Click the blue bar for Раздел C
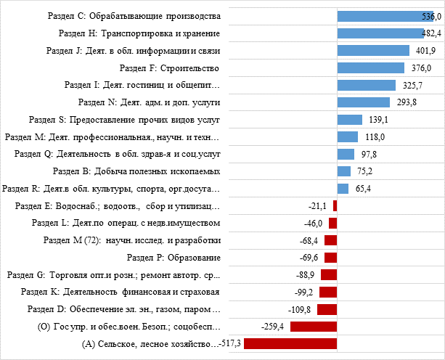(385, 16)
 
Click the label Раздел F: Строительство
(169, 68)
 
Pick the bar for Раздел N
(364, 102)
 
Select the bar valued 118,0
(348, 136)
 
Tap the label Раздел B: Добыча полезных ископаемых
(136, 171)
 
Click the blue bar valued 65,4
(343, 189)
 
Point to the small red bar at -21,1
(335, 205)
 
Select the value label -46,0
(314, 223)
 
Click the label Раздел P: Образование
(173, 258)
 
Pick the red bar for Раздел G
(329, 274)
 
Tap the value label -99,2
(303, 292)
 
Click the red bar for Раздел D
(327, 309)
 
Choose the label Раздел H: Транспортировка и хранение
(139, 33)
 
